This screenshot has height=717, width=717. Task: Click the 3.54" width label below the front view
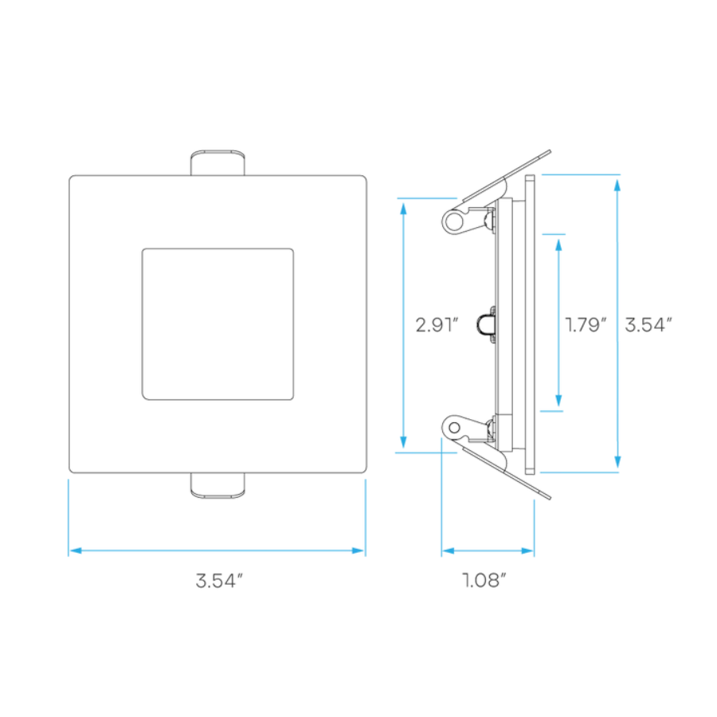click(x=219, y=581)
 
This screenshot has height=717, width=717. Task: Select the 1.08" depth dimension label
click(x=484, y=580)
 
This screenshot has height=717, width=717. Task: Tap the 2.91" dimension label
click(x=437, y=325)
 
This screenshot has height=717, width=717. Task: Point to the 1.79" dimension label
click(x=586, y=325)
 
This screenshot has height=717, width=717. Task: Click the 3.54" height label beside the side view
click(x=648, y=325)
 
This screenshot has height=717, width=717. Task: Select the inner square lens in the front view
click(x=217, y=324)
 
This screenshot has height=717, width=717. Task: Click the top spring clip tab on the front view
click(x=217, y=163)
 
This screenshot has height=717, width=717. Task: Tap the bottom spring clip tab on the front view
click(x=217, y=486)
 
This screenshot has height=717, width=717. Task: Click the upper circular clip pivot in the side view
click(x=453, y=221)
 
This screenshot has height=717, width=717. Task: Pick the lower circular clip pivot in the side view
click(x=454, y=428)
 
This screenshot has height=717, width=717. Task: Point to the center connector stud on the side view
click(x=487, y=325)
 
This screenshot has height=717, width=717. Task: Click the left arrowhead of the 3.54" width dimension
click(x=76, y=550)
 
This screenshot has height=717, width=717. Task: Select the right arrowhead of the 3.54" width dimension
click(x=358, y=550)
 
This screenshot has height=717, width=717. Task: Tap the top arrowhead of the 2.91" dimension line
click(x=403, y=209)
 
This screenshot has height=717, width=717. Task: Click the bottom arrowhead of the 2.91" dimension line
click(x=403, y=441)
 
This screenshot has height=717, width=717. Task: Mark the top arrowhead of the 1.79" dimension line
click(x=558, y=245)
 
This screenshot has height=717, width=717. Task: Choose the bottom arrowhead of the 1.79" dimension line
click(x=558, y=400)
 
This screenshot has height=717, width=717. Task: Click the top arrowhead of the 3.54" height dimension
click(x=617, y=186)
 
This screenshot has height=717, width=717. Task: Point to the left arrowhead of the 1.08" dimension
click(x=449, y=550)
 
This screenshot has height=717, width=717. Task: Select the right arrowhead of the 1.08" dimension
click(x=527, y=550)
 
